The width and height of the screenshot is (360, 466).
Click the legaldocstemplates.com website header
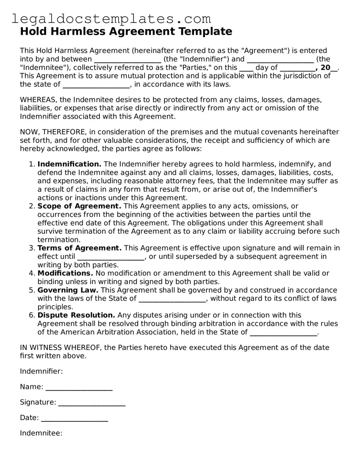tap(111, 19)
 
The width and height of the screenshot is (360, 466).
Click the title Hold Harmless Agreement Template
tap(126, 32)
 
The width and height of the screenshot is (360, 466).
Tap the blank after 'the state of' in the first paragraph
tap(97, 85)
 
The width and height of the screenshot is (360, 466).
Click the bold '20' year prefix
tap(325, 68)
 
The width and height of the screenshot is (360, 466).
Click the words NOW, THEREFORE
tap(51, 132)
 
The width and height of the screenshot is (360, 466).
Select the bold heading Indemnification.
tap(69, 164)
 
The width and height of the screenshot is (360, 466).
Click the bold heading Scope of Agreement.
tap(79, 206)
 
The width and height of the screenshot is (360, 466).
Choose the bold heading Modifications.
tap(65, 273)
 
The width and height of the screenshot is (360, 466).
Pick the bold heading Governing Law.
tap(68, 290)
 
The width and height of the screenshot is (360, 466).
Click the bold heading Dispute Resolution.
tap(76, 315)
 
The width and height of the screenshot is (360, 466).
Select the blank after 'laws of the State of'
tap(172, 299)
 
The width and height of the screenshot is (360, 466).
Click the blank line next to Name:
tap(79, 387)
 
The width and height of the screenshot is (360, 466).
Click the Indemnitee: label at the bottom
tap(41, 433)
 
